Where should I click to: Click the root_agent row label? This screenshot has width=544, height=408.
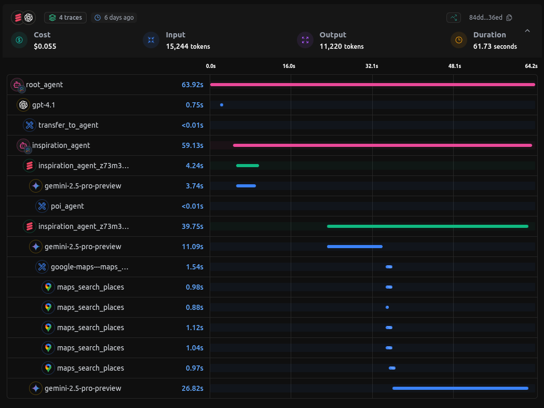click(x=44, y=85)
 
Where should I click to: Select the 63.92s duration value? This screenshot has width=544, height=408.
click(x=192, y=85)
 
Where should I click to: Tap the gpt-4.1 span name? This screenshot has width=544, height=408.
click(x=44, y=105)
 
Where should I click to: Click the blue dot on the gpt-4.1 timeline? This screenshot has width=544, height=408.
click(x=222, y=105)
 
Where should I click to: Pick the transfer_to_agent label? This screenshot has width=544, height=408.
click(x=68, y=125)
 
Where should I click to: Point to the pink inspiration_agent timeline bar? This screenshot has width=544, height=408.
click(x=382, y=145)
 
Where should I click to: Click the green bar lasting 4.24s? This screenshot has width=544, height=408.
click(x=247, y=166)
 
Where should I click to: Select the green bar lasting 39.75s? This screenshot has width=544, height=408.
click(x=427, y=226)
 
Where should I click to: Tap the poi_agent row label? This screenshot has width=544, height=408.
click(x=67, y=206)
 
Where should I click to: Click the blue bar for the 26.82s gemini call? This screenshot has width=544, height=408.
click(x=460, y=388)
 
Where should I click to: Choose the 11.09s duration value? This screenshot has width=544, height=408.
click(x=192, y=247)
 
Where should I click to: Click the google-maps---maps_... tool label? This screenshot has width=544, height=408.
click(x=89, y=267)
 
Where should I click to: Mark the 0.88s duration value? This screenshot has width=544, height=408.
click(x=194, y=307)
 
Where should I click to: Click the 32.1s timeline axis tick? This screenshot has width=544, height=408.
click(x=372, y=66)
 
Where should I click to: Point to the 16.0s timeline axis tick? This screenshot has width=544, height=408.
click(x=289, y=66)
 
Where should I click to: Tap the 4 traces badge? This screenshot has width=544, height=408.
click(x=65, y=18)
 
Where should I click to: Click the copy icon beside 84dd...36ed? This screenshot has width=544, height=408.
click(x=509, y=18)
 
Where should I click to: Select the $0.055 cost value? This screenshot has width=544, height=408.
click(x=45, y=46)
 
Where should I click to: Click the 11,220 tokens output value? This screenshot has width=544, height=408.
click(x=341, y=46)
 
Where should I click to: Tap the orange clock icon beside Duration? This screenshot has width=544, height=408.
click(x=459, y=40)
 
